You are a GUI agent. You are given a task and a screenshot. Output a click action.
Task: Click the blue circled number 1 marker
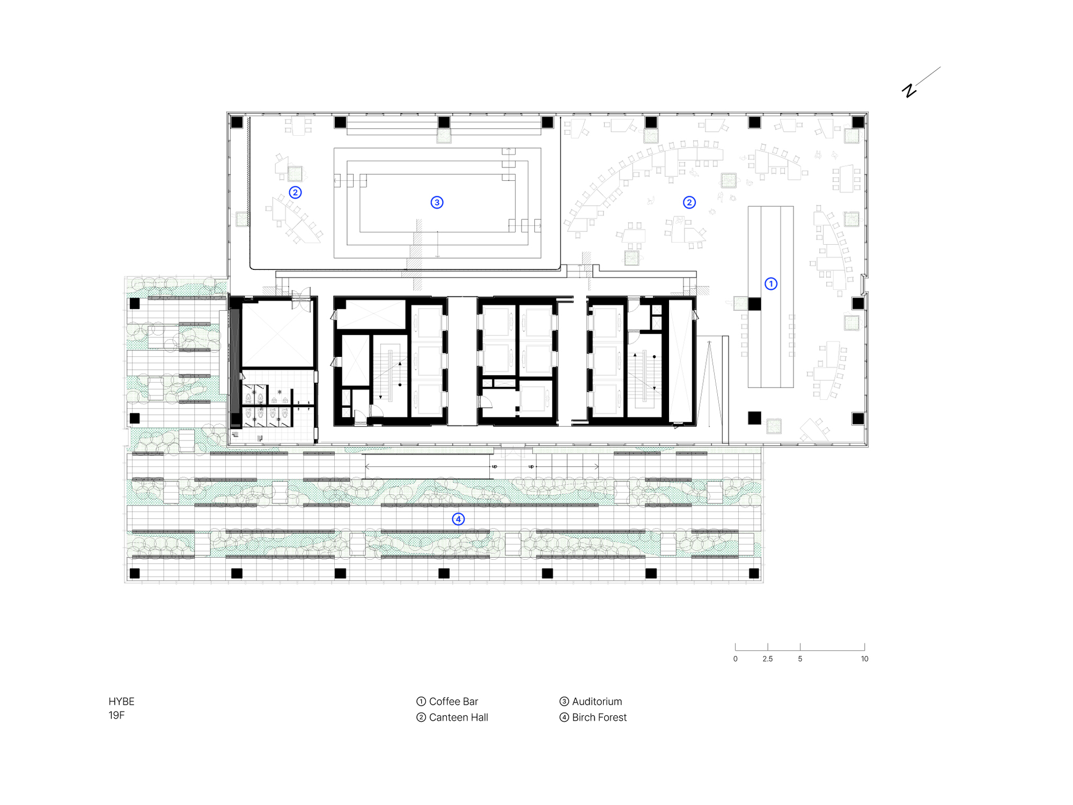pos(770,283)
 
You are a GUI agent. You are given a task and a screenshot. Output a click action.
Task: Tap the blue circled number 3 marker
pos(437,202)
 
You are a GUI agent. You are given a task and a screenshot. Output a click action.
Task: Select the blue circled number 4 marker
pos(458,519)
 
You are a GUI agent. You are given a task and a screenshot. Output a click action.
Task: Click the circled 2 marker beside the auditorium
pos(295,192)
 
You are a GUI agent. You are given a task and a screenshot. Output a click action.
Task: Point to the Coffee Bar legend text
pos(453,701)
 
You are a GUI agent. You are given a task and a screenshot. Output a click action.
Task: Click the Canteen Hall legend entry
pos(458,718)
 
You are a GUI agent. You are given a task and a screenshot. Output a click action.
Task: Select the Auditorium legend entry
pos(597,701)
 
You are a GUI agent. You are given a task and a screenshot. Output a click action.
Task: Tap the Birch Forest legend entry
pos(599,718)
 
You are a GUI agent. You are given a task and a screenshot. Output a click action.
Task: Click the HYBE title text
pos(121,701)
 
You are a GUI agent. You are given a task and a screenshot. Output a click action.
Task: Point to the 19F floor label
pos(116,715)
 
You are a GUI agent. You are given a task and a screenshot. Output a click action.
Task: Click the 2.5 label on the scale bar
pos(767,659)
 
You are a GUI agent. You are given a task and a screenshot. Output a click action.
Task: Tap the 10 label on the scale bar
pos(864,659)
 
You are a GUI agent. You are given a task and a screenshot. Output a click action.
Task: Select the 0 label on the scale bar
pos(735,659)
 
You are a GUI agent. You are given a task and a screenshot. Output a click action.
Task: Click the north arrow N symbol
pos(909,90)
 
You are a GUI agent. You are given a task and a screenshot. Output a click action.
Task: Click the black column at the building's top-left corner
pos(237,122)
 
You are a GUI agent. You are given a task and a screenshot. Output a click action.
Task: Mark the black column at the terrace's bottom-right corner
pos(754,573)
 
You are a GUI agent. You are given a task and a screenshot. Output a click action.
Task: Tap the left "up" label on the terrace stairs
pos(494,466)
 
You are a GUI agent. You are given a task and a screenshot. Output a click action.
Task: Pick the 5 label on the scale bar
pos(800,659)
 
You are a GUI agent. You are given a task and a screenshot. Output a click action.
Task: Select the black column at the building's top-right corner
pos(858,122)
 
